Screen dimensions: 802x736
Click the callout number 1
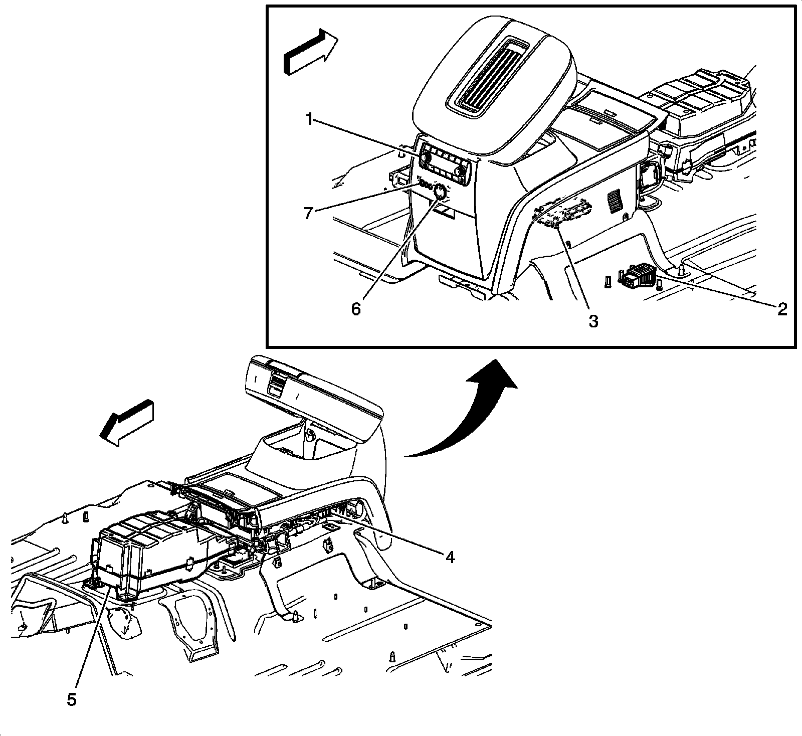coord(310,120)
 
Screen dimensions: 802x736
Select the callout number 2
coord(781,309)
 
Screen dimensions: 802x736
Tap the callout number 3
coord(593,321)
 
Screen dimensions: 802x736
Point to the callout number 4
coord(450,557)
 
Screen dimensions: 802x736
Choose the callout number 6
coord(355,309)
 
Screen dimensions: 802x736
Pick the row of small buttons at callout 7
coord(426,185)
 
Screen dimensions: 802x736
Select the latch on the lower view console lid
coord(275,387)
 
